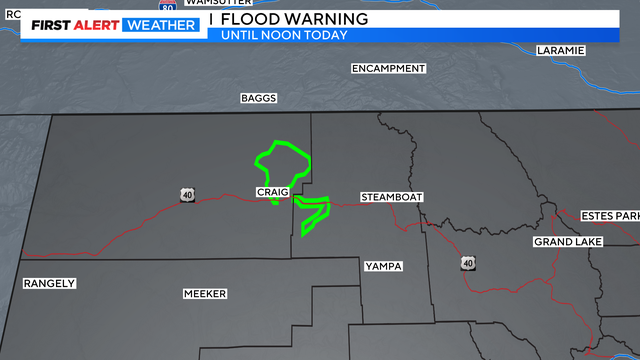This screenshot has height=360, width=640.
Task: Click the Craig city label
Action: click(x=272, y=191)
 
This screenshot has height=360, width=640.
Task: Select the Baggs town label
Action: click(x=258, y=98)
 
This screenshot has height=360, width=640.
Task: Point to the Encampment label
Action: click(x=388, y=68)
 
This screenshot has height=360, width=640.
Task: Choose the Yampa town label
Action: click(x=384, y=266)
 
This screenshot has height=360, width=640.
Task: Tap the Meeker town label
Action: click(x=205, y=293)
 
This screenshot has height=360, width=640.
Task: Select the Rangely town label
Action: click(x=50, y=283)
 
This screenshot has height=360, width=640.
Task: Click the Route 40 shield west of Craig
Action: click(x=187, y=194)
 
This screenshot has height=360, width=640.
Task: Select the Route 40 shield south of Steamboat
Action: click(x=467, y=262)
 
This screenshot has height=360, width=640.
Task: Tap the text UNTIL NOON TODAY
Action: click(x=285, y=35)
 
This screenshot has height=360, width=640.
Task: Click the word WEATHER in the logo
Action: click(x=160, y=25)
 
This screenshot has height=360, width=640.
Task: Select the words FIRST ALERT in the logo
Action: click(x=73, y=25)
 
